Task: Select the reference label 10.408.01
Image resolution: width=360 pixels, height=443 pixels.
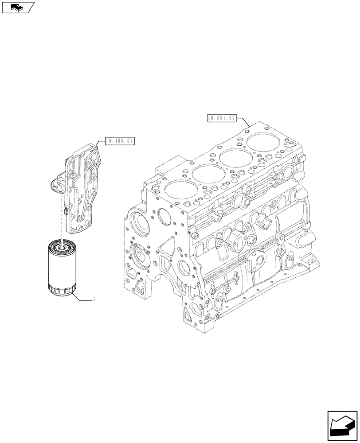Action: pyautogui.click(x=120, y=141)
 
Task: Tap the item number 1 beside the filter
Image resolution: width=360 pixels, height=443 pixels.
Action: pyautogui.click(x=94, y=300)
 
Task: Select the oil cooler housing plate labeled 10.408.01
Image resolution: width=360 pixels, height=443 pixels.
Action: pyautogui.click(x=84, y=186)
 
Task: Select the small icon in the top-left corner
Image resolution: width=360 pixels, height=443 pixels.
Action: pyautogui.click(x=18, y=7)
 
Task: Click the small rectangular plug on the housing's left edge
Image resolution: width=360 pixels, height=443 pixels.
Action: pyautogui.click(x=65, y=211)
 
